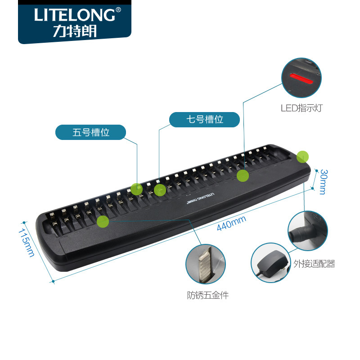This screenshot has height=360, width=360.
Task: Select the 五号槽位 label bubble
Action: [x=91, y=133]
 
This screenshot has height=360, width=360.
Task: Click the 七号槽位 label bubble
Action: [x=205, y=120]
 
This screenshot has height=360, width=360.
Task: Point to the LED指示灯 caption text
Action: [x=301, y=108]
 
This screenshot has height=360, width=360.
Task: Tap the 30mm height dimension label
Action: [x=323, y=181]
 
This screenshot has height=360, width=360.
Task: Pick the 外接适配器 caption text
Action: [x=314, y=264]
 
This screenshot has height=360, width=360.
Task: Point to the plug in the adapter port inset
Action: [x=299, y=234]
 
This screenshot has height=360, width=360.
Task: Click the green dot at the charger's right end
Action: [x=303, y=156]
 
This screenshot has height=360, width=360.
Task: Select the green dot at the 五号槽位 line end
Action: [x=136, y=189]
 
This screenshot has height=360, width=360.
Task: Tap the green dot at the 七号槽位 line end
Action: [x=160, y=190]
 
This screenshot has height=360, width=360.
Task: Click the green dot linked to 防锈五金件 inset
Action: [x=103, y=221]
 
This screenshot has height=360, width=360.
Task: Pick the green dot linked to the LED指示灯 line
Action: [x=243, y=175]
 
